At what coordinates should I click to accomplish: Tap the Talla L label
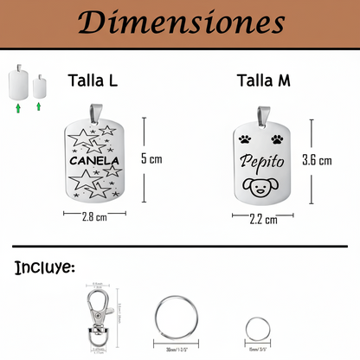pos(93,81)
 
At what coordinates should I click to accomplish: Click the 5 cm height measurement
pos(151,159)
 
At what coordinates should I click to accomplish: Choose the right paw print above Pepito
pos(276,138)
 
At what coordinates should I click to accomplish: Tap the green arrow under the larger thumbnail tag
pos(18,108)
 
